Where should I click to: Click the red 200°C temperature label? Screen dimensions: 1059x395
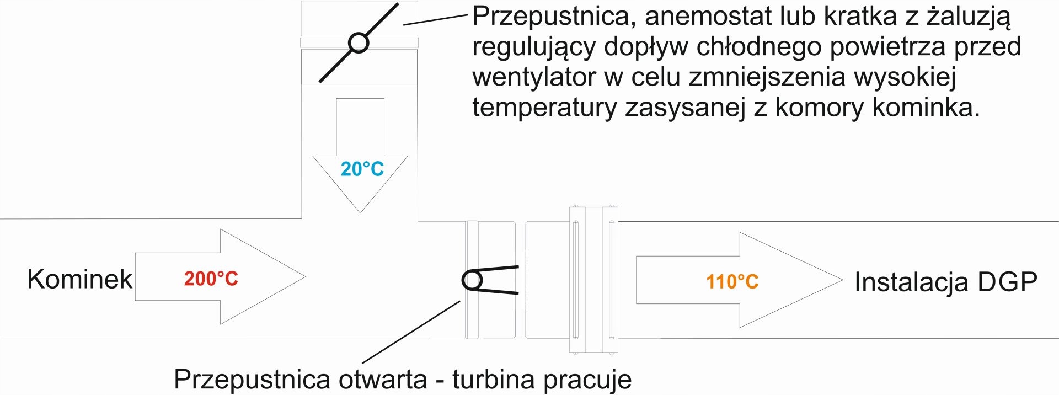(x=211, y=279)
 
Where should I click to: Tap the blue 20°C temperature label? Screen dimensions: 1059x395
(x=362, y=169)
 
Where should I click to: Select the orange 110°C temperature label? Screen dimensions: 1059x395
(x=732, y=282)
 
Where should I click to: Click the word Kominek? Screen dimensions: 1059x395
(x=79, y=279)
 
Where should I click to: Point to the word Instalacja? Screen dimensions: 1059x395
(x=911, y=282)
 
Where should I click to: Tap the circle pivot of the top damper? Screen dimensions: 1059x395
(x=359, y=42)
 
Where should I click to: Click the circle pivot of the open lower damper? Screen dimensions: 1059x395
(x=472, y=280)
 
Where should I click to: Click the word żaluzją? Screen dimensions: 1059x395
(x=968, y=17)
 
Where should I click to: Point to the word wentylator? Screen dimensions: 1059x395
(x=534, y=77)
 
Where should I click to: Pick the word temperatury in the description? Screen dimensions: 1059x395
(x=544, y=107)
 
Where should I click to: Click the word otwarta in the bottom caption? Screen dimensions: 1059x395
(x=383, y=380)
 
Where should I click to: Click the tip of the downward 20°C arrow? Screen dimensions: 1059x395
(x=360, y=212)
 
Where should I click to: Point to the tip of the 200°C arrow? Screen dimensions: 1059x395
(x=304, y=276)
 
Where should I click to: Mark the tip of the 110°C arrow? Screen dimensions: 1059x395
(x=842, y=280)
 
